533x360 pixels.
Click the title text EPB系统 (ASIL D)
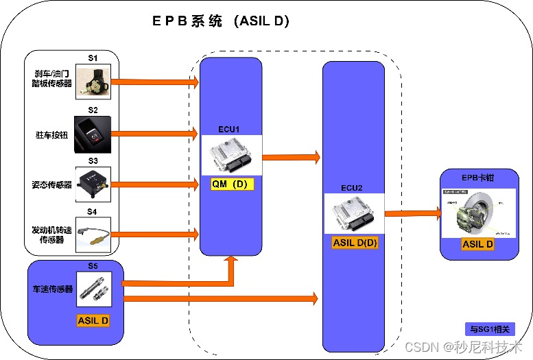coord(220,21)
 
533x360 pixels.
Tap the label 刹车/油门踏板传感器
coord(53,79)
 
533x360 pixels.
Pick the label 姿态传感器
coord(53,184)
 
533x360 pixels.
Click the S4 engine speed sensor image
coord(93,233)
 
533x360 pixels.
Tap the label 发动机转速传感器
coord(52,234)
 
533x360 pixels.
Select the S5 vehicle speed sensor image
coord(93,289)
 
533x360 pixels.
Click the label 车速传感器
coord(53,289)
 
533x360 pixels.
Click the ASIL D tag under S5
coord(93,320)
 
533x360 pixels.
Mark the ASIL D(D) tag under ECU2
coord(355,242)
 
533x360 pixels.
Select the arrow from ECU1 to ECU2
coord(291,157)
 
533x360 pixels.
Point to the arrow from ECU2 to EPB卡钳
coord(412,213)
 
